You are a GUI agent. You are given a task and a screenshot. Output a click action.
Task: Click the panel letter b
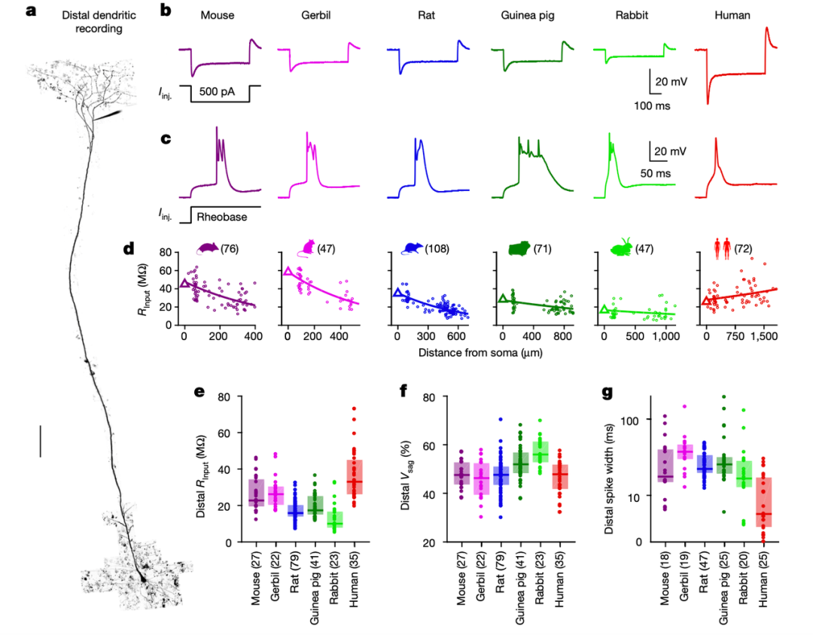pos(166,12)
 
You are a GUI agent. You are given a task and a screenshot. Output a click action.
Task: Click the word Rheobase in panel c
pos(223,217)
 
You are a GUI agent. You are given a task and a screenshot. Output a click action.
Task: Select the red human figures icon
pos(722,248)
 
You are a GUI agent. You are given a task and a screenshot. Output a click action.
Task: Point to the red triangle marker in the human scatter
pos(706,301)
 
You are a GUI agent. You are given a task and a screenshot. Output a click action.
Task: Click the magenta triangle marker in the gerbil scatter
pos(287,272)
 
